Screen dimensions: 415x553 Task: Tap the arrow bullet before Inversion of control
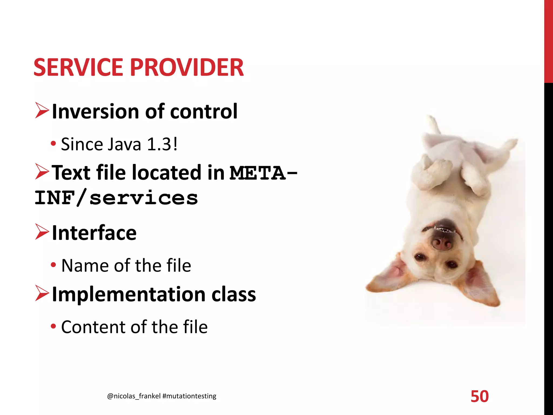click(x=42, y=111)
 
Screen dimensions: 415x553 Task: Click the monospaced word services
click(x=144, y=198)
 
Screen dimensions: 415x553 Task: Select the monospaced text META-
click(x=263, y=173)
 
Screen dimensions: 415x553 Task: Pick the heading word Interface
click(x=94, y=233)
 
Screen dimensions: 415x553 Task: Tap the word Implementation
click(x=129, y=294)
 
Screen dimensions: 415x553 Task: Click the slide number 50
click(x=480, y=397)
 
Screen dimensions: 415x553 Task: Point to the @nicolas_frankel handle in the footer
click(x=134, y=396)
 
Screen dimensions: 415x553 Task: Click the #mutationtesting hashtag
click(x=189, y=396)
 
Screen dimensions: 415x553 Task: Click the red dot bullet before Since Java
click(x=53, y=143)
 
